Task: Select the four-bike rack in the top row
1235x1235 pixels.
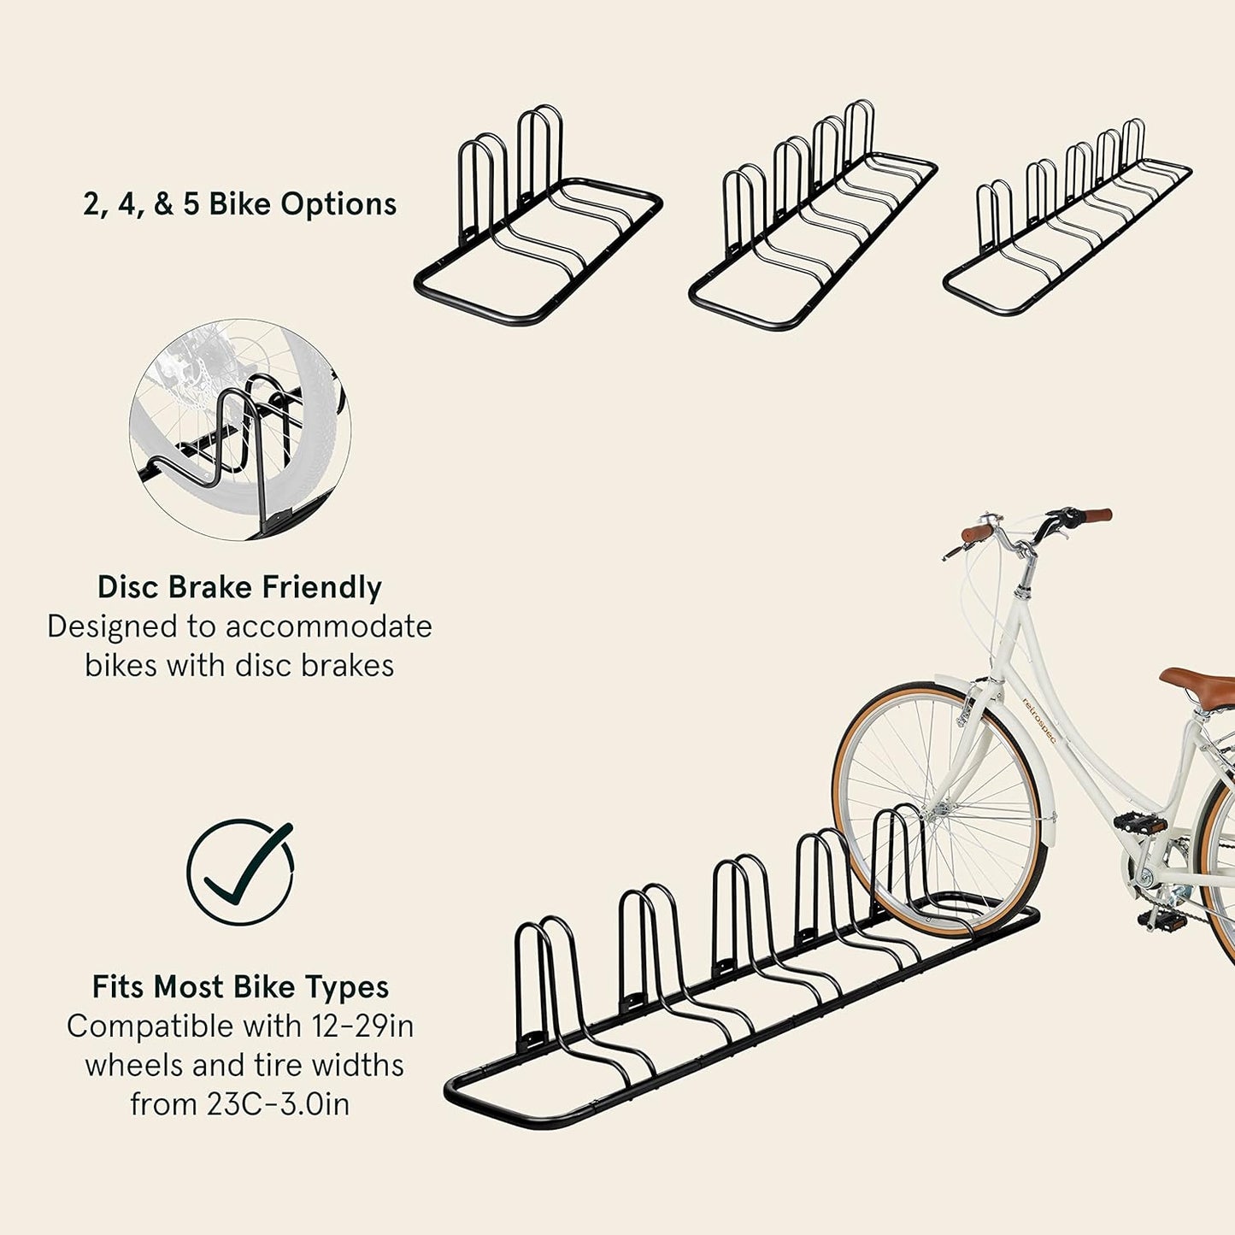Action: tap(812, 218)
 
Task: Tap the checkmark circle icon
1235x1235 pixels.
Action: tap(240, 872)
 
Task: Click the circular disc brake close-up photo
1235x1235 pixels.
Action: tap(240, 430)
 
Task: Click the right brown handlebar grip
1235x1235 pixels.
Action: tap(1094, 515)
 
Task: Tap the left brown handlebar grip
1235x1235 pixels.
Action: tap(977, 533)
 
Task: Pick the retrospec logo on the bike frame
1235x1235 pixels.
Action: tap(1038, 720)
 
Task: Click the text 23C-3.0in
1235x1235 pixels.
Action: tap(278, 1104)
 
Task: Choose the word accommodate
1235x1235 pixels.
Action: tap(328, 626)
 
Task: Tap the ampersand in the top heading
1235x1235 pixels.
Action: tap(164, 204)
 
